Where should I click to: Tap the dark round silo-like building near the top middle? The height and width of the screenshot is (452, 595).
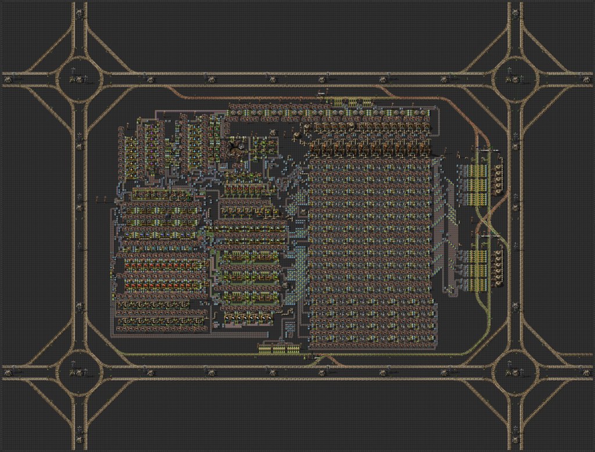pos(235,146)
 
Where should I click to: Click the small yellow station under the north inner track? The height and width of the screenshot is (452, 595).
pos(349,102)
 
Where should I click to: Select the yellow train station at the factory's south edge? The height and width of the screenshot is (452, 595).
pos(279,348)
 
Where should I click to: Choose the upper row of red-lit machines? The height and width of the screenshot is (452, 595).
pos(160,266)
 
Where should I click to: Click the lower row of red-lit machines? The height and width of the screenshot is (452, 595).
pos(160,286)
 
